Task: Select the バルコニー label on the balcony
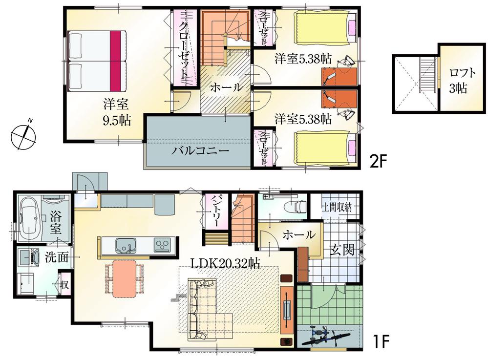(200, 150)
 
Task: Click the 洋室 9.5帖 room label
(117, 112)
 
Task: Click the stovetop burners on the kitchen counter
(161, 245)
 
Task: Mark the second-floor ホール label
(226, 88)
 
